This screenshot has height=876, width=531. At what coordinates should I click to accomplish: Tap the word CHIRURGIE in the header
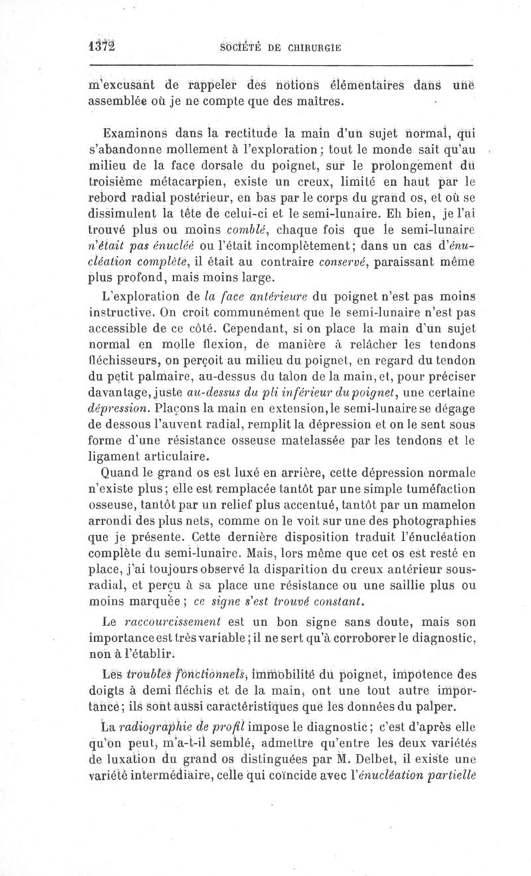(314, 48)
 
